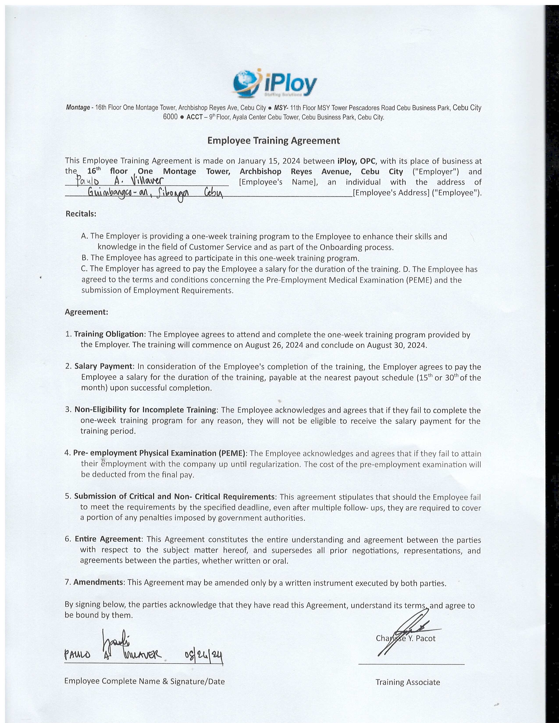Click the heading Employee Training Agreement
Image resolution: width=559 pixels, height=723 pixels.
pos(274,141)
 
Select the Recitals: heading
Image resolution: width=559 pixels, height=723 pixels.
pos(81,214)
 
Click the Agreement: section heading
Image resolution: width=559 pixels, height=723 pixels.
pos(86,312)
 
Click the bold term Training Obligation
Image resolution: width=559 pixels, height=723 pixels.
pos(109,334)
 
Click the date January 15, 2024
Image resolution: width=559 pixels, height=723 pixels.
pos(269,161)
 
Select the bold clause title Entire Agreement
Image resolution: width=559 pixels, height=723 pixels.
pos(108,539)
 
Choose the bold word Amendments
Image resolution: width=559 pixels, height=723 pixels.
pos(98,582)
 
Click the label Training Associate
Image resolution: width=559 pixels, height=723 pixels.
pos(408,682)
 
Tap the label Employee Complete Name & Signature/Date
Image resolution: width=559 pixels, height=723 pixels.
pos(144,681)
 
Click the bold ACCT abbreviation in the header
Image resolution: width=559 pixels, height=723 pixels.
pos(194,117)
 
